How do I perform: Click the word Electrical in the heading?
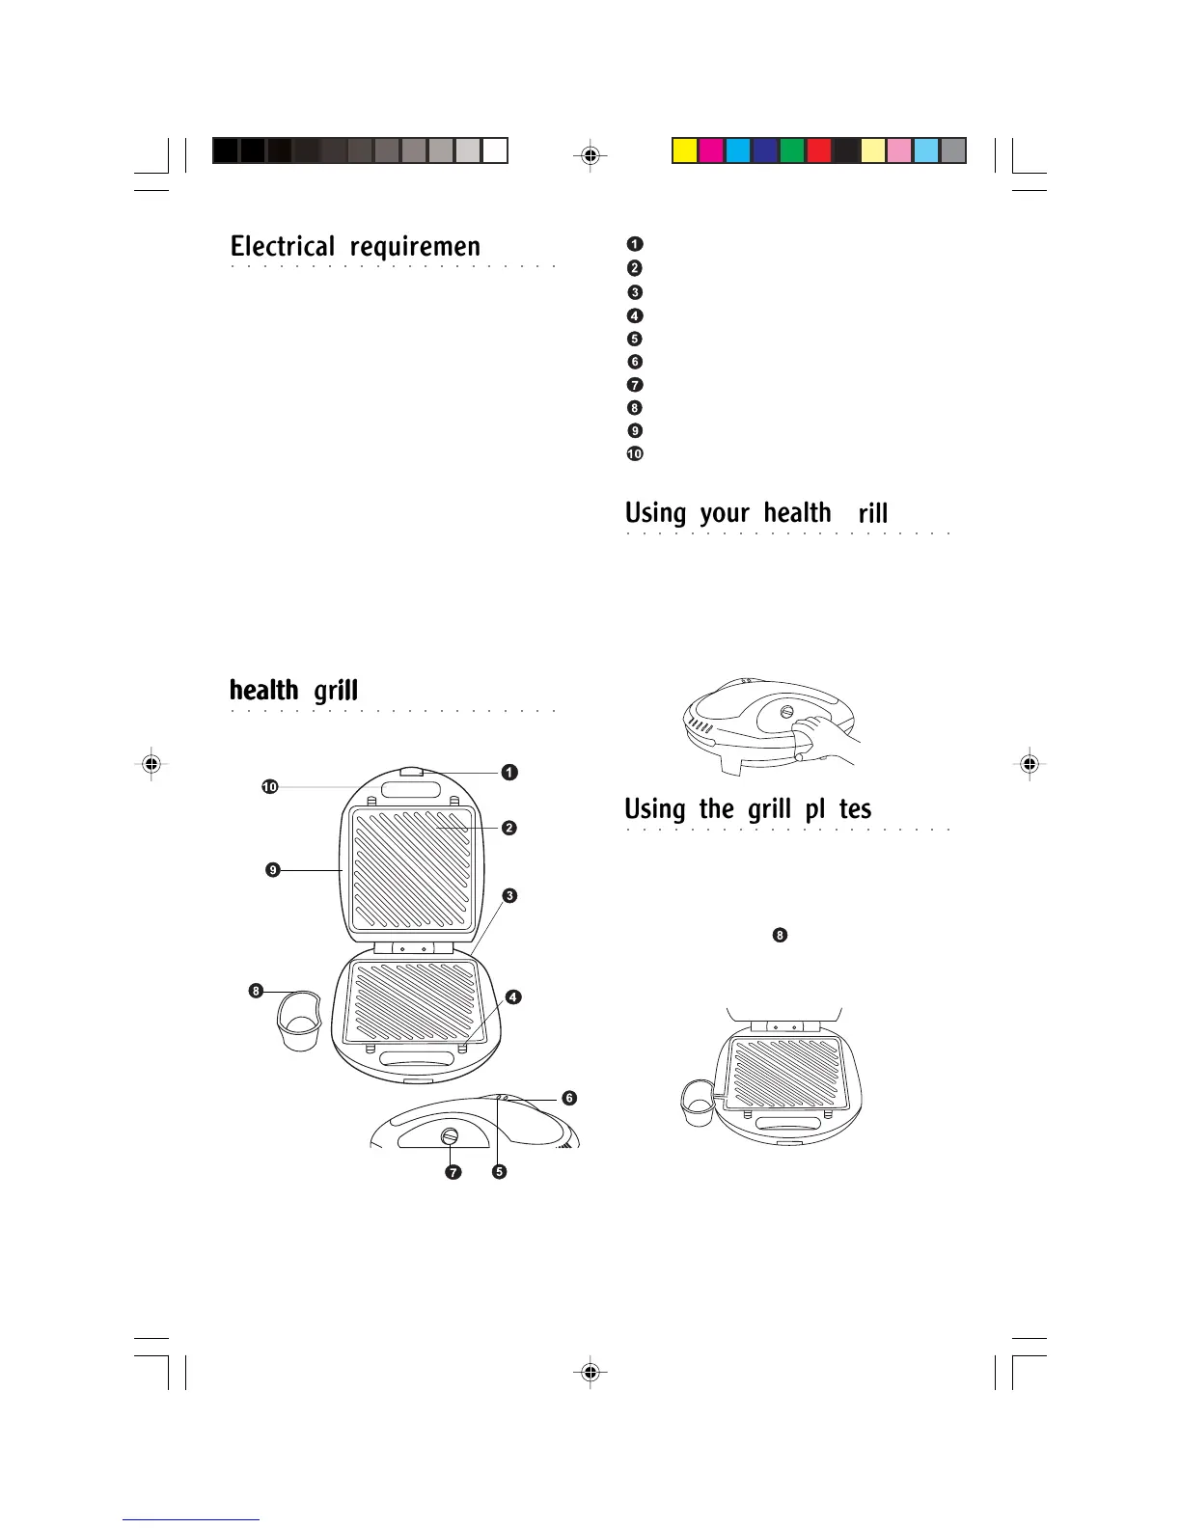pyautogui.click(x=282, y=247)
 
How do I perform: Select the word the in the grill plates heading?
pyautogui.click(x=716, y=808)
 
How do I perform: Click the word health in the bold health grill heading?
pyautogui.click(x=263, y=691)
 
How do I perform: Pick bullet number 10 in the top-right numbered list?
pyautogui.click(x=635, y=454)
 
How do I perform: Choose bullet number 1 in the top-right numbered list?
pyautogui.click(x=635, y=244)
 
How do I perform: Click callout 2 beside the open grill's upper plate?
pyautogui.click(x=508, y=828)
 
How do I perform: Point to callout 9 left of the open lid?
pyautogui.click(x=273, y=870)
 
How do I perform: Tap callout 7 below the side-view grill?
pyautogui.click(x=453, y=1173)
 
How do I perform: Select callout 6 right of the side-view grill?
pyautogui.click(x=569, y=1098)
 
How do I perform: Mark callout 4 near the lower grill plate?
pyautogui.click(x=513, y=996)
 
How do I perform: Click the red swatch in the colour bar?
pyautogui.click(x=818, y=151)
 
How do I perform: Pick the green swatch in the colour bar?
pyautogui.click(x=791, y=151)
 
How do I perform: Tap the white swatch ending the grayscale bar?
pyautogui.click(x=495, y=151)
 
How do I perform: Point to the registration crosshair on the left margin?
pyautogui.click(x=150, y=764)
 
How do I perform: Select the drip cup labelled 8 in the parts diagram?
pyautogui.click(x=298, y=1022)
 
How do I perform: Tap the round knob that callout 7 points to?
pyautogui.click(x=451, y=1137)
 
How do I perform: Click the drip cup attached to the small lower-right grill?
pyautogui.click(x=696, y=1103)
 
